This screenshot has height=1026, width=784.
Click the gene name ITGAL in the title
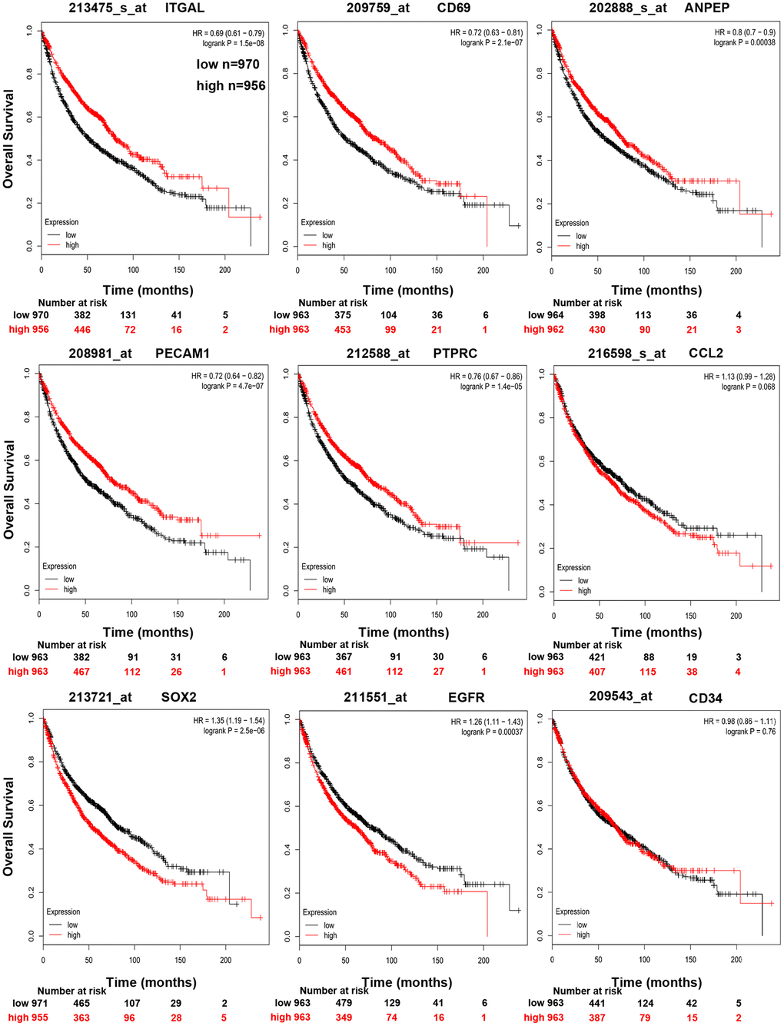(184, 8)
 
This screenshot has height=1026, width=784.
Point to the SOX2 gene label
(178, 697)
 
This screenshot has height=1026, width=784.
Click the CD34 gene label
(706, 698)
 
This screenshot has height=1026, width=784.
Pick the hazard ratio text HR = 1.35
(228, 721)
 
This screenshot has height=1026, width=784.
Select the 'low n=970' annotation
(228, 65)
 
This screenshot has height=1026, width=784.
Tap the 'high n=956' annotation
(231, 86)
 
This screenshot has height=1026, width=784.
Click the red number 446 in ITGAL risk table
(82, 330)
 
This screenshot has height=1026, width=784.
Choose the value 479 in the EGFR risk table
(343, 1003)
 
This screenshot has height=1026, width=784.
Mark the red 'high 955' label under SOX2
(28, 1018)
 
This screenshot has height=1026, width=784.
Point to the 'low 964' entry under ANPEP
(546, 315)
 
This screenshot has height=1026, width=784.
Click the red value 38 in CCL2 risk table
(692, 672)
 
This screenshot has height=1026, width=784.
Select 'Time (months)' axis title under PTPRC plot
(404, 633)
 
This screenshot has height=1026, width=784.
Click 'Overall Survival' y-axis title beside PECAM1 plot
(9, 490)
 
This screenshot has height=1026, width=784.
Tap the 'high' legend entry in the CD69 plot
(329, 245)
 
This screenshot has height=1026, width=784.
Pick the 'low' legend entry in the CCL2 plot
(583, 580)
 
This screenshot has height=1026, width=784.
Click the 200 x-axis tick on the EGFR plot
(483, 960)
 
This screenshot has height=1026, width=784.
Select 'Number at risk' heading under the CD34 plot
(587, 991)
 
